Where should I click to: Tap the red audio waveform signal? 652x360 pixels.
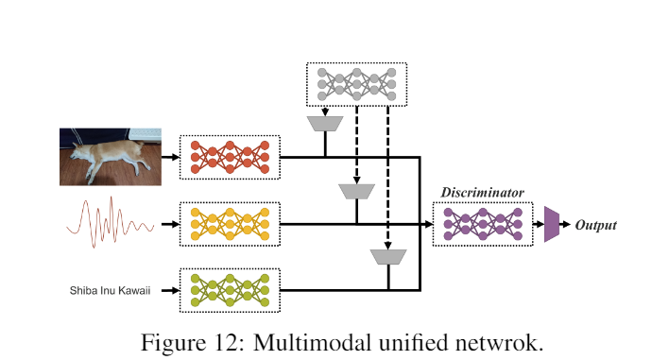point(109,224)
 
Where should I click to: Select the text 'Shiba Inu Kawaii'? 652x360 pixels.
point(110,290)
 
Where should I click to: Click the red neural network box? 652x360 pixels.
point(230,156)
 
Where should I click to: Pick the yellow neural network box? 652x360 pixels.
point(230,224)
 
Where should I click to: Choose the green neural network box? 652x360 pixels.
point(230,290)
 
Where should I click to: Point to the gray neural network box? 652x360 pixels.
point(357,84)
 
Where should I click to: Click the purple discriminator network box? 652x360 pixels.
point(482,224)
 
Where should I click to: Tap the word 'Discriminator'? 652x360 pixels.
point(482,192)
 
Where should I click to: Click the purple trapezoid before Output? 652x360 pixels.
point(551,225)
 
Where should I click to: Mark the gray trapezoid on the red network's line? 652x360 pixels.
point(324,124)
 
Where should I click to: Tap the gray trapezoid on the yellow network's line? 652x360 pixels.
point(356,192)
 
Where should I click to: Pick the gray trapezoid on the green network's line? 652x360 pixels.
point(387,257)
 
